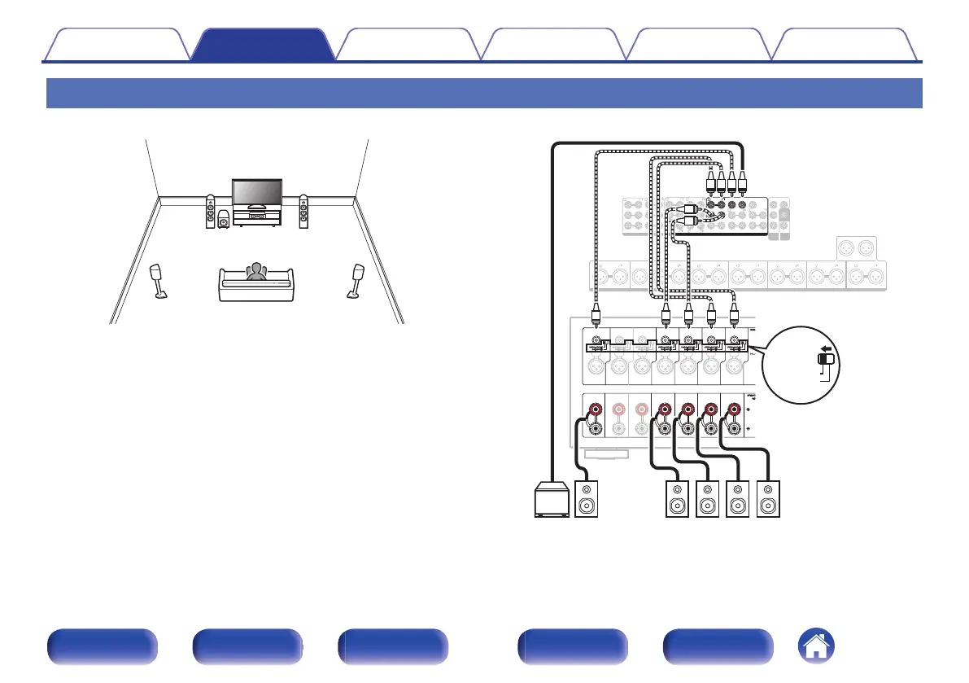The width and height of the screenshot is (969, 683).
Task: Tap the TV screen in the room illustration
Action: click(x=256, y=192)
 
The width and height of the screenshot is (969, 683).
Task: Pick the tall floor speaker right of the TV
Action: click(x=303, y=212)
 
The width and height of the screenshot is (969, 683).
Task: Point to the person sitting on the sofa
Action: click(x=257, y=273)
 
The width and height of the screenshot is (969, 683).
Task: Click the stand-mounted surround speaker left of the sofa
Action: click(x=157, y=279)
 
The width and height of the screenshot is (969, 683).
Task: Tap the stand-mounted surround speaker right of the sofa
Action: click(x=357, y=279)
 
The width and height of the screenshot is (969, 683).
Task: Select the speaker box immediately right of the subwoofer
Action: click(x=591, y=498)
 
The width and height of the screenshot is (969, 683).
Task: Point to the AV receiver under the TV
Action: click(x=256, y=217)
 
